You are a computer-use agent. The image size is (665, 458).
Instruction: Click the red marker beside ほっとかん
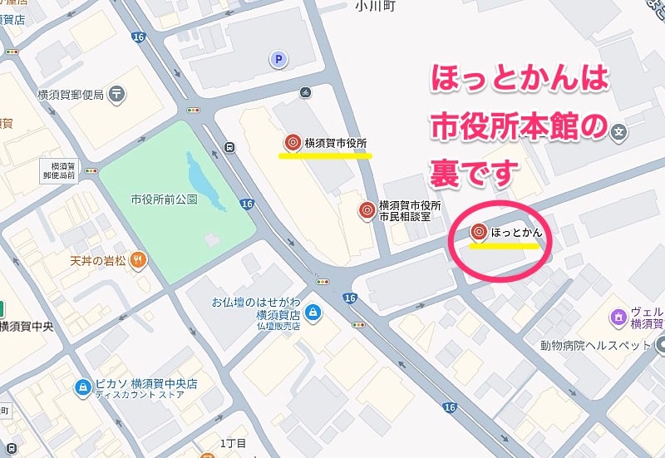(479, 233)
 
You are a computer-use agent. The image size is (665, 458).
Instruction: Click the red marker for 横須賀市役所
(292, 143)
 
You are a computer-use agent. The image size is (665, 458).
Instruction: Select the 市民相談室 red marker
(365, 211)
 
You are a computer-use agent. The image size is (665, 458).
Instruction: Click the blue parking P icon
(279, 59)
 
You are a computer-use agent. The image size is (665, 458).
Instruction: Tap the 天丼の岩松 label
(98, 260)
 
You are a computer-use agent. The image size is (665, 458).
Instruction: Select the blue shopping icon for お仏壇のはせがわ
(313, 313)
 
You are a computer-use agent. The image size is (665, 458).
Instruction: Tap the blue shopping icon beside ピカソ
(82, 387)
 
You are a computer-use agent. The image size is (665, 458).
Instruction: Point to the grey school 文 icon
(618, 131)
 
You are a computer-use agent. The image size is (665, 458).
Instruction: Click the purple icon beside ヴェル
(618, 317)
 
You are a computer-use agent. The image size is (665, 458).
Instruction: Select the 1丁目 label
(233, 443)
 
